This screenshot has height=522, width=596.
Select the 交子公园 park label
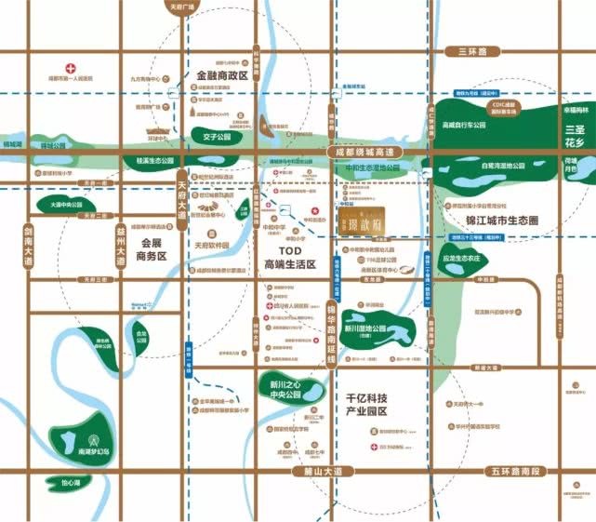pyautogui.click(x=209, y=142)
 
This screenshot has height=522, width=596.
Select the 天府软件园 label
pyautogui.click(x=212, y=248)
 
